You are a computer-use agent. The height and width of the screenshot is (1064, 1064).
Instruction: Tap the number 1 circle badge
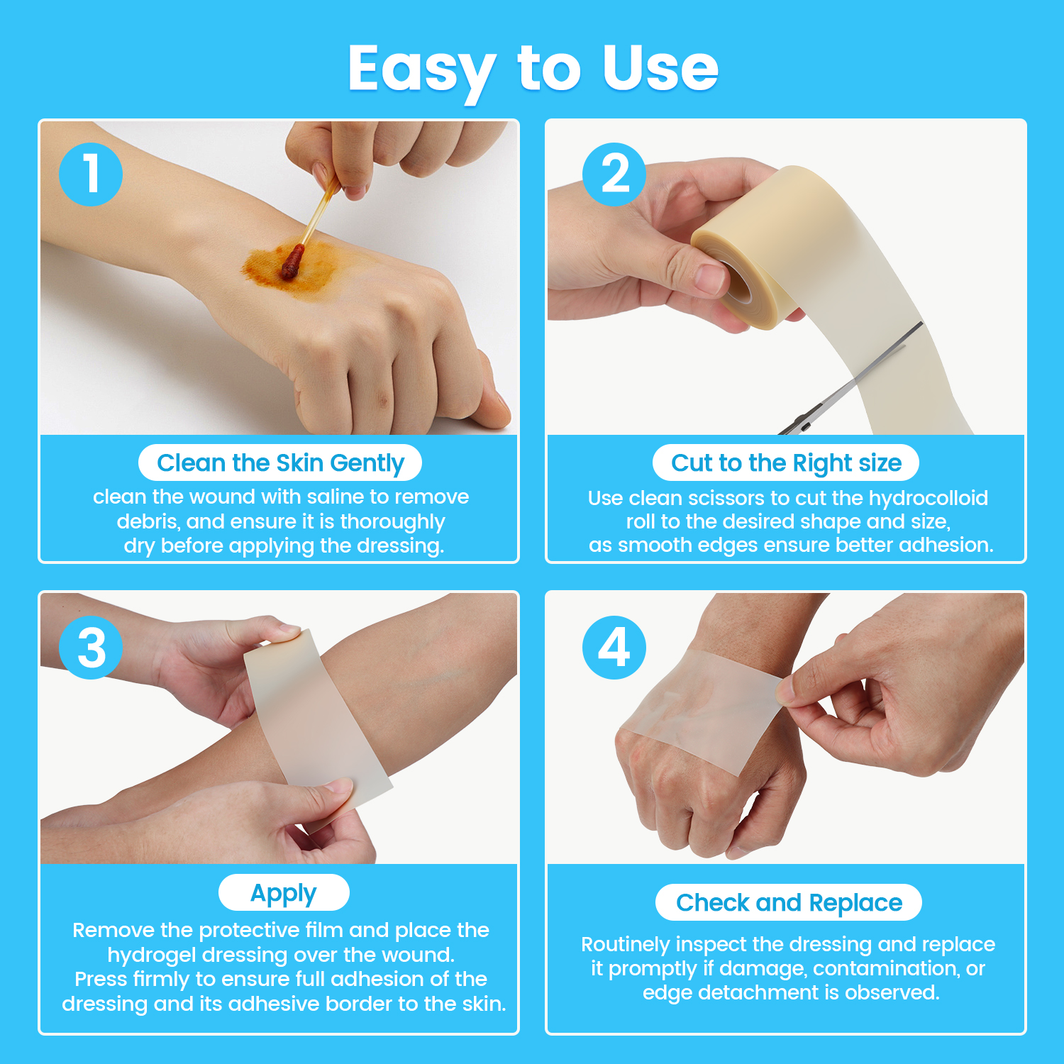tap(91, 174)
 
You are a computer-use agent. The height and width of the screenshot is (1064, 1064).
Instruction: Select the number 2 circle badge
tap(614, 174)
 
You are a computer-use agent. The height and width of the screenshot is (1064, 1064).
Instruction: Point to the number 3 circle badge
tap(91, 647)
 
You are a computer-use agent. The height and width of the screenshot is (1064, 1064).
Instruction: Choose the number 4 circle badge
tap(614, 647)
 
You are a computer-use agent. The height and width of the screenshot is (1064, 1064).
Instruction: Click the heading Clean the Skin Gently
tap(280, 463)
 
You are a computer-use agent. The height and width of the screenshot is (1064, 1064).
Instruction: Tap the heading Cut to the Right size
tap(786, 463)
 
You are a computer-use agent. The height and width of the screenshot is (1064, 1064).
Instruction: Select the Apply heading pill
tap(284, 892)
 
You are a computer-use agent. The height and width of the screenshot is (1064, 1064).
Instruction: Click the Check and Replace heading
tap(789, 902)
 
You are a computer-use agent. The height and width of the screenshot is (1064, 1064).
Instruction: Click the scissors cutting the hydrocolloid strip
tap(851, 383)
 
